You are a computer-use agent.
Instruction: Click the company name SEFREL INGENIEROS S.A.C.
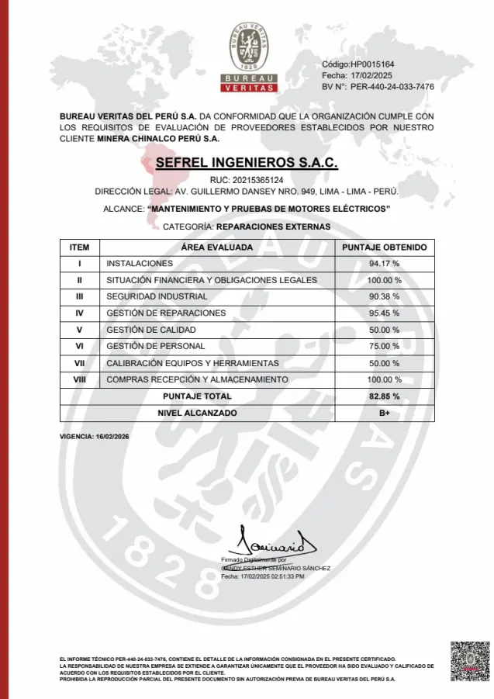tap(247, 164)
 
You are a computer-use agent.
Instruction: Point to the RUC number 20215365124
tap(247, 180)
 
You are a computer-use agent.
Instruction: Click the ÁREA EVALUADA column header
tap(217, 247)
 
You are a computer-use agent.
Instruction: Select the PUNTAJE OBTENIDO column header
tap(384, 247)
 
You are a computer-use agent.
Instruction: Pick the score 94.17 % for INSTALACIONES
tap(384, 264)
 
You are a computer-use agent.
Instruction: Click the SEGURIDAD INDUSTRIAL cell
tap(157, 296)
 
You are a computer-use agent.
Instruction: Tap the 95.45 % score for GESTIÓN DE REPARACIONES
tap(384, 313)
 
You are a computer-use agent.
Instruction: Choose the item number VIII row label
tap(79, 379)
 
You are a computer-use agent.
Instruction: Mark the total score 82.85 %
tap(384, 396)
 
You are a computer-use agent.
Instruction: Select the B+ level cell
tap(384, 414)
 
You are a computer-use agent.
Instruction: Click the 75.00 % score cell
tap(384, 346)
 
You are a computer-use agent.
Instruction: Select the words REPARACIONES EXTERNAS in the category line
tap(273, 227)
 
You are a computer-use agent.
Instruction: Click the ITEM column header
tap(79, 247)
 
